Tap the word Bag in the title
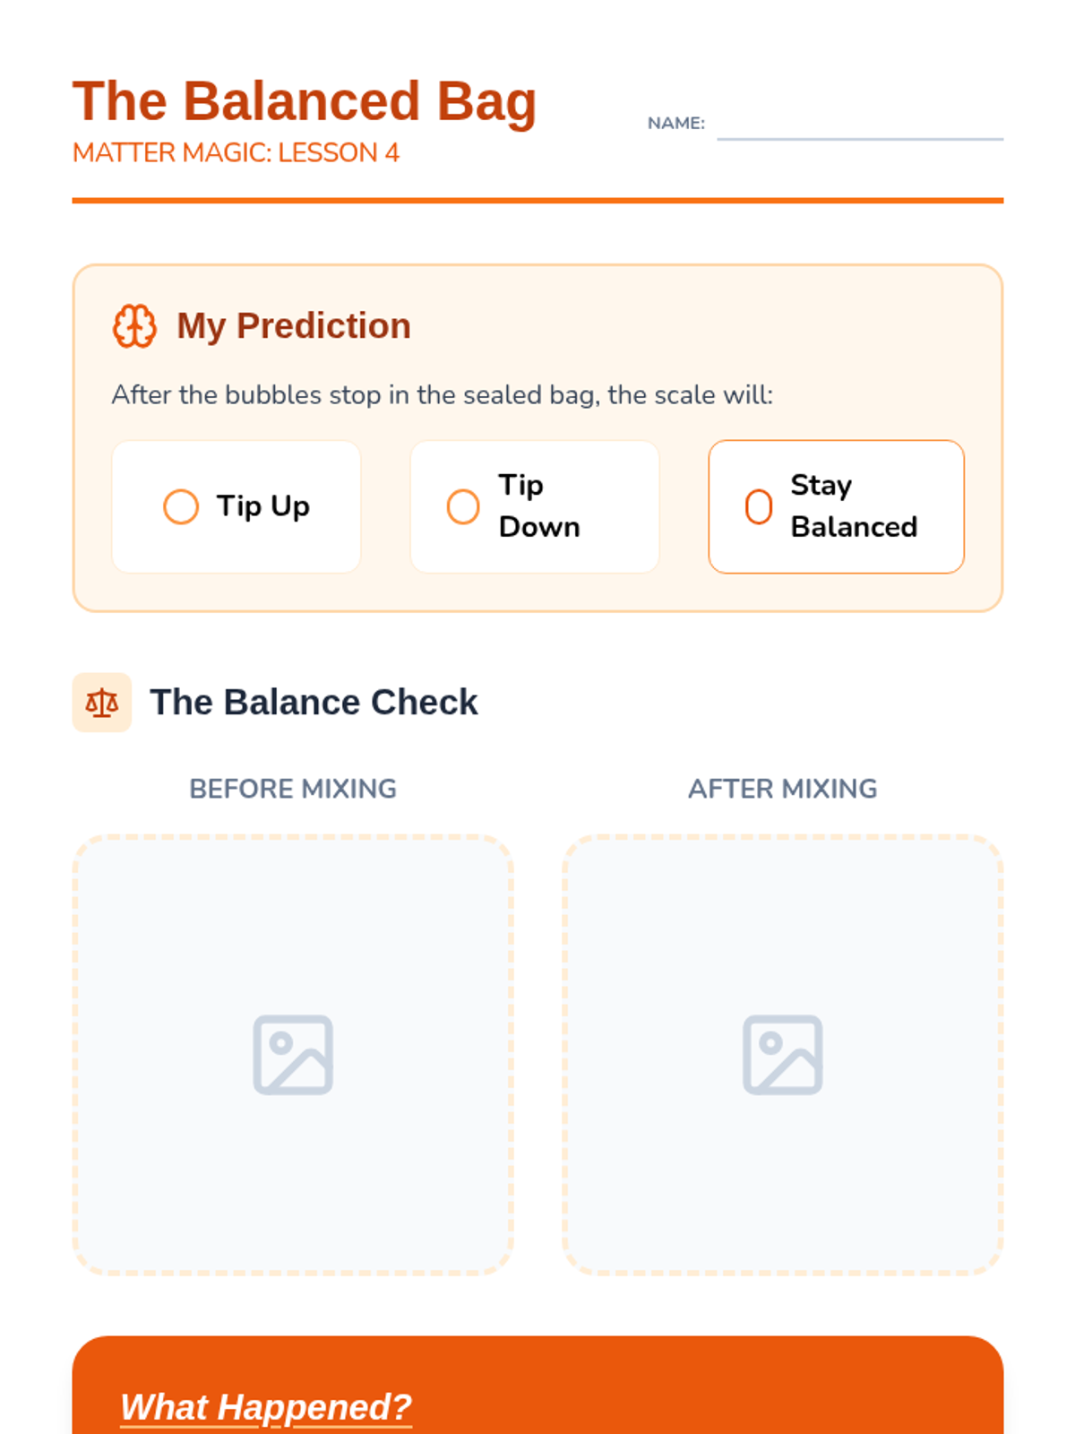point(486,102)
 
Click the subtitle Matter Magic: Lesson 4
point(236,153)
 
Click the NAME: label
point(675,123)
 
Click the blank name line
point(860,139)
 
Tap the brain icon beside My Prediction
point(134,325)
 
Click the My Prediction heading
point(294,325)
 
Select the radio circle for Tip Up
point(181,506)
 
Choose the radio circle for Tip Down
point(463,506)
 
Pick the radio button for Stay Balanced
point(759,506)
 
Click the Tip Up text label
point(263,506)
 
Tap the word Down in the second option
point(539,527)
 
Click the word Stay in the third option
point(821,486)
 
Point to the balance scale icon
point(102,703)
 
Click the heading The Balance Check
point(314,703)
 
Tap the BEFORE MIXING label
point(293,789)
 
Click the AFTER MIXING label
point(783,789)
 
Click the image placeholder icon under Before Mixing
point(293,1054)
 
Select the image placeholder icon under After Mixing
point(783,1054)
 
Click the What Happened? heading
point(266,1406)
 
